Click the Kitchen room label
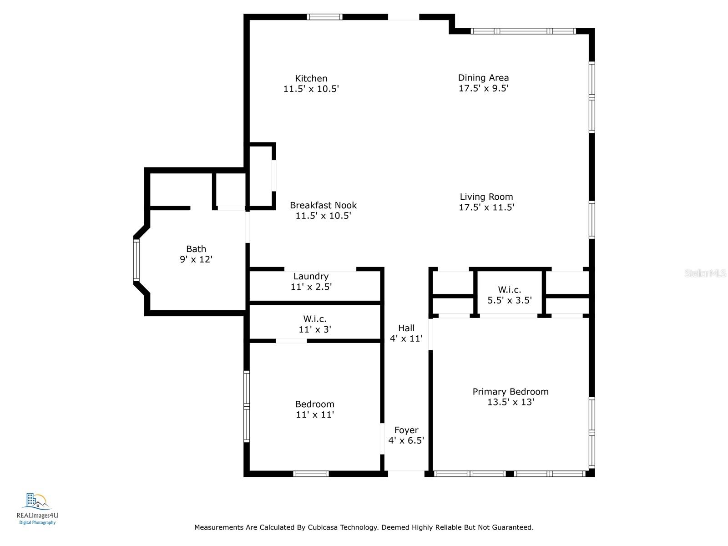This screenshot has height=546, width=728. [311, 79]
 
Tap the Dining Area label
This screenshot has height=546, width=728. [483, 78]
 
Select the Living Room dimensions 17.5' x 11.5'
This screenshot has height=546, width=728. [486, 207]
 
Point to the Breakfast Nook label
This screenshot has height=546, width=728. [323, 205]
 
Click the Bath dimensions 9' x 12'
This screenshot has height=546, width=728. [196, 259]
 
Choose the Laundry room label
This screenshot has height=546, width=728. [311, 276]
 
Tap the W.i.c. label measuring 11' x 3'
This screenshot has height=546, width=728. [314, 319]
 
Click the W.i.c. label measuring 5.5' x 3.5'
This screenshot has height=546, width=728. [510, 290]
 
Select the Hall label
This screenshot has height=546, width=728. [406, 328]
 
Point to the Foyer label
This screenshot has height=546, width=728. [406, 430]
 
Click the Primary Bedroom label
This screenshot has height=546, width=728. [510, 391]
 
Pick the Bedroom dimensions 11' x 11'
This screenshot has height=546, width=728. [314, 415]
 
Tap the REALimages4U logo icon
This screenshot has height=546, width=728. [37, 501]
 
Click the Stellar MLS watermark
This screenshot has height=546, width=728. [705, 273]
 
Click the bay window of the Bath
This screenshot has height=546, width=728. [136, 260]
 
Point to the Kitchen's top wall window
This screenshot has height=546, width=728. [324, 17]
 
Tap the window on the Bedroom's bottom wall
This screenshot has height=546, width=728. [311, 474]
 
